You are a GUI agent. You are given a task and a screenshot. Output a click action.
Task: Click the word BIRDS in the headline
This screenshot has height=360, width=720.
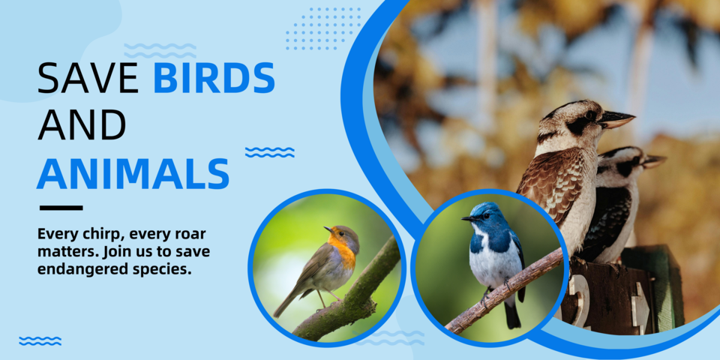point(214,78)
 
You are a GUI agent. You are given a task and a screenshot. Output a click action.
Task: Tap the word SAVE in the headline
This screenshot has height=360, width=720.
point(88,78)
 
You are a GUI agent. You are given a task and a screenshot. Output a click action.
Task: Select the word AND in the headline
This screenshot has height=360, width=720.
point(82,125)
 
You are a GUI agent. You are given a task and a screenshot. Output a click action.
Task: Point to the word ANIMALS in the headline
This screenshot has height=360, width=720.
point(133,174)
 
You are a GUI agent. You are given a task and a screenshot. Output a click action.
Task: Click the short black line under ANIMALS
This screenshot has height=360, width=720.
point(61,208)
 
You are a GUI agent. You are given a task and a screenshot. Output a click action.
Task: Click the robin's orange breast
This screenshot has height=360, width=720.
point(345,254)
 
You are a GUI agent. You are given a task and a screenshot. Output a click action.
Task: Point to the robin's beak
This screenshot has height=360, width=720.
point(328,229)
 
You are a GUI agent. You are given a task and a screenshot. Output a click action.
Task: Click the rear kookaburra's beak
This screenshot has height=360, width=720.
point(653,160)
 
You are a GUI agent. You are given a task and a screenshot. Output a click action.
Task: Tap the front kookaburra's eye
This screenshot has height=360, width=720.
point(590,115)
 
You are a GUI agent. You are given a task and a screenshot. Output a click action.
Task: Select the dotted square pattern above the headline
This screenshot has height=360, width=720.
point(323,28)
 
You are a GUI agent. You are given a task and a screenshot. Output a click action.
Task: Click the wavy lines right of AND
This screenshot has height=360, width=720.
point(269,152)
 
